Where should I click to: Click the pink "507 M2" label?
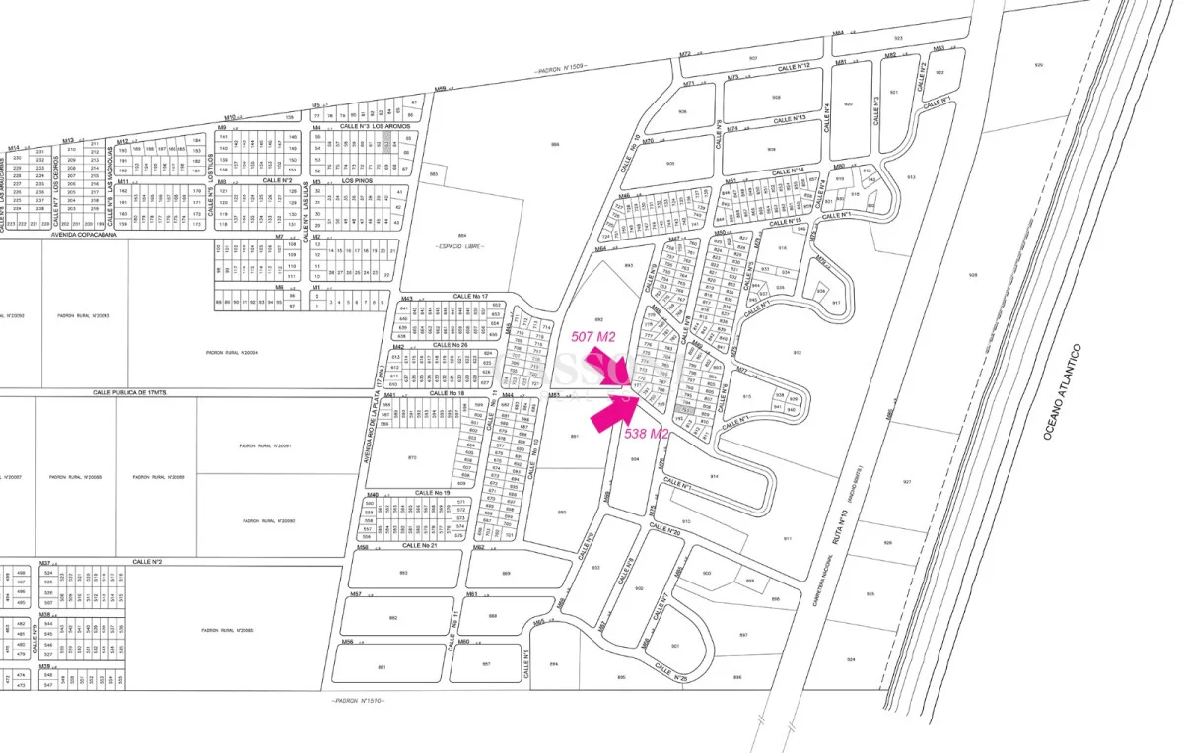point(593,336)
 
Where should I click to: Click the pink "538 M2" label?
point(647,433)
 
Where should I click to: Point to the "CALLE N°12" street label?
point(791,66)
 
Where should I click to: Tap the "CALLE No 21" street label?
point(419,545)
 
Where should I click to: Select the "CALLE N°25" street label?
point(670,672)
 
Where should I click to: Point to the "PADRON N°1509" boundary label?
point(561,70)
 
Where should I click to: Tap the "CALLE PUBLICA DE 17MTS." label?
point(106,391)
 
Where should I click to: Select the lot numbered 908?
point(776,97)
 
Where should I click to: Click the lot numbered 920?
point(848,103)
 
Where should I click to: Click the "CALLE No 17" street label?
point(470,296)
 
